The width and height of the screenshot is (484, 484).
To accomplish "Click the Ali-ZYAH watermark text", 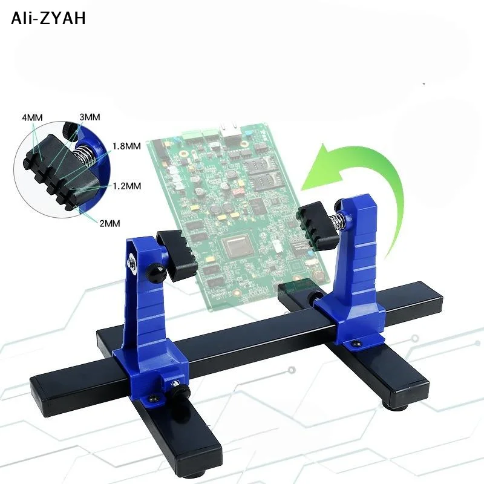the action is coord(48,18).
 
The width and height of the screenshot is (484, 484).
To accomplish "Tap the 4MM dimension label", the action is coord(33,117).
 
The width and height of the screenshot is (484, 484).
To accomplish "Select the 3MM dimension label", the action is coord(90,117).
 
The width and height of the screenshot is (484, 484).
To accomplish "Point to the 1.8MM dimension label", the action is coord(126,146).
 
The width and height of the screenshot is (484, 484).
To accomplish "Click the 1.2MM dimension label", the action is coord(126,186).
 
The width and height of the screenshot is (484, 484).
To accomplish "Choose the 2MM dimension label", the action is coord(110,223).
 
